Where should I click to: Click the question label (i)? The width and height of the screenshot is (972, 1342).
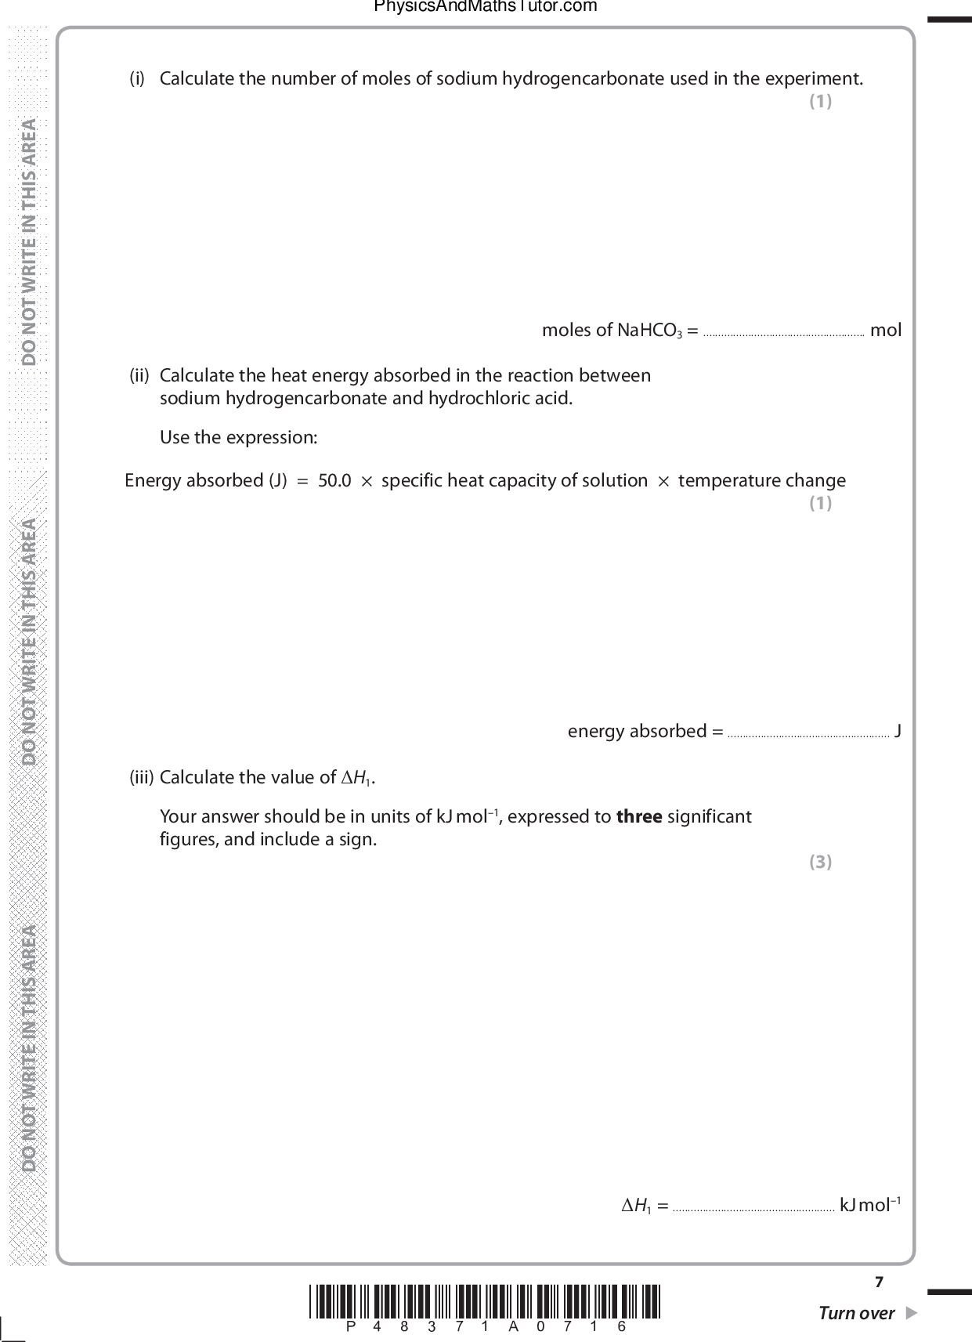pos(137,79)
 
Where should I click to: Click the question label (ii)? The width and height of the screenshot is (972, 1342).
pos(139,376)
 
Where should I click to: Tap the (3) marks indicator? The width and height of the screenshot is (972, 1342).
pos(820,863)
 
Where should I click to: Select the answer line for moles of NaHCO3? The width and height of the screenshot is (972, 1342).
pos(783,334)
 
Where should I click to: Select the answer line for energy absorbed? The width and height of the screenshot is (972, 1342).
pos(808,735)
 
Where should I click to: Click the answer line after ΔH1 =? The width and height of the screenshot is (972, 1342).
pos(753,1209)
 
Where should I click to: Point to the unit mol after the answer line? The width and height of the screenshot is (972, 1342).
pos(886,331)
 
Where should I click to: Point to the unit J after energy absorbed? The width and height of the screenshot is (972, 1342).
pos(898,732)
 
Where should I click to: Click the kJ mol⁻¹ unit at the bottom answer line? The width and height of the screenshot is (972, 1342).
pos(870,1205)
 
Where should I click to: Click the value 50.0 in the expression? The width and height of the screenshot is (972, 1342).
pos(334,481)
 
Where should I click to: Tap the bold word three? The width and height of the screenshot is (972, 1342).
pos(639,817)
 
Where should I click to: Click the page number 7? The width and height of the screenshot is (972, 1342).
pos(879,1282)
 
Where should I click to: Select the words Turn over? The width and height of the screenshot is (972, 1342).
pos(856,1314)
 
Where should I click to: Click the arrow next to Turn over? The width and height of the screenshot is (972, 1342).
pos(910,1313)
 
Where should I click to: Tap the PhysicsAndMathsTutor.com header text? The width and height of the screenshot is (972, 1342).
pos(486,7)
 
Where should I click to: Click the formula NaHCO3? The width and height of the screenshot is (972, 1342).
pos(650,331)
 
